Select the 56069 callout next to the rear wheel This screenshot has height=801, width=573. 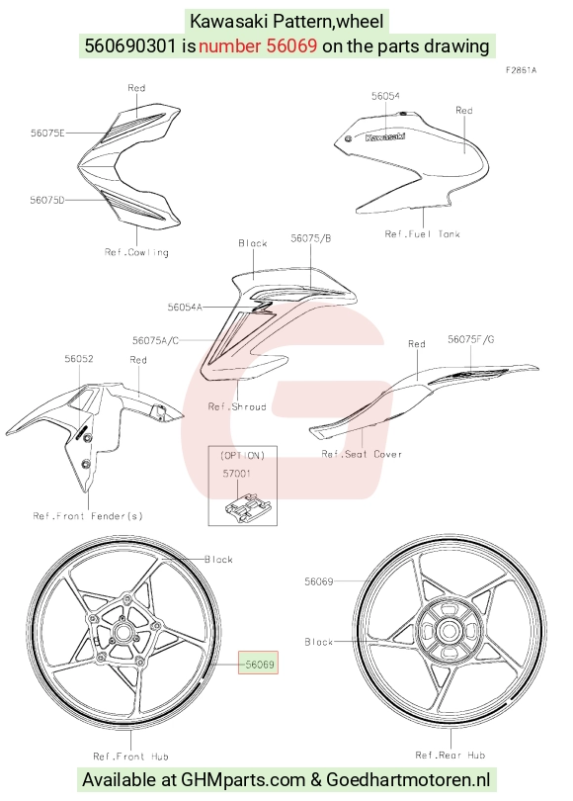[319, 581]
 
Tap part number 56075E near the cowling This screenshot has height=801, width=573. [47, 133]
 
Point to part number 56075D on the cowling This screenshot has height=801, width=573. [47, 200]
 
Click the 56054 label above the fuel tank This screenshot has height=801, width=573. [385, 96]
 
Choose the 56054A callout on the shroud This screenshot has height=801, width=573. [185, 307]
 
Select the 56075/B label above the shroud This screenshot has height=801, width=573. [311, 238]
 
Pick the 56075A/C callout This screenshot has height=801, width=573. [156, 340]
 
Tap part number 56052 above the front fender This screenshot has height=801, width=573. [79, 359]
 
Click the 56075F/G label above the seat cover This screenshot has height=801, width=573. [471, 339]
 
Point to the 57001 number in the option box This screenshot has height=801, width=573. [237, 474]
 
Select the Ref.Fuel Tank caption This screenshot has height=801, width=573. [422, 234]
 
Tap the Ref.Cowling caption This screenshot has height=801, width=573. [136, 252]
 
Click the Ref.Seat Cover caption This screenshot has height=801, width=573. [362, 454]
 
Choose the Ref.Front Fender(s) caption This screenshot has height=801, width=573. [88, 516]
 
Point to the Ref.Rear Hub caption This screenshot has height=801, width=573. [450, 755]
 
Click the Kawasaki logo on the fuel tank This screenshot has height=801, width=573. [385, 136]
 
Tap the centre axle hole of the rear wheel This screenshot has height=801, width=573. [449, 631]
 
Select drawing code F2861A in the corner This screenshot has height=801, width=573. [521, 70]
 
